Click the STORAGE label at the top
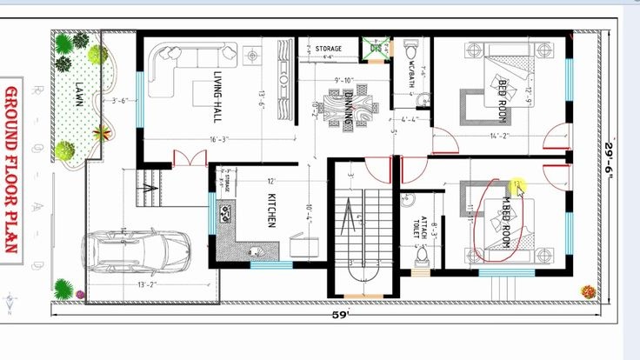tap(328, 49)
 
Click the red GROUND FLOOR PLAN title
tap(12, 170)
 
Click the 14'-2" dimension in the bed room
tap(498, 136)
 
